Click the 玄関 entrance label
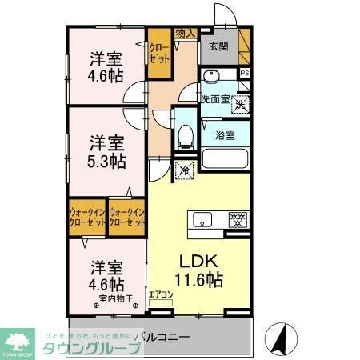(x=218, y=46)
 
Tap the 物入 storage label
(x=185, y=33)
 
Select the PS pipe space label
(x=245, y=74)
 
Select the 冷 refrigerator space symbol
(x=184, y=169)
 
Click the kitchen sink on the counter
(x=200, y=218)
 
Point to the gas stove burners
(x=237, y=218)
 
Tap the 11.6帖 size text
(x=198, y=280)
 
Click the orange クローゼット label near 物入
(x=158, y=53)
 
